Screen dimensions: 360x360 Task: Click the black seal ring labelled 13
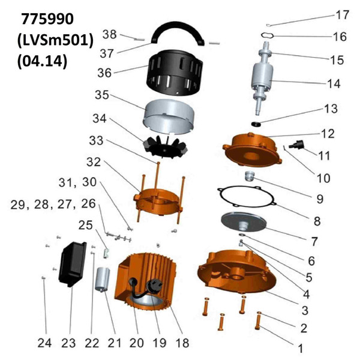(258, 124)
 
